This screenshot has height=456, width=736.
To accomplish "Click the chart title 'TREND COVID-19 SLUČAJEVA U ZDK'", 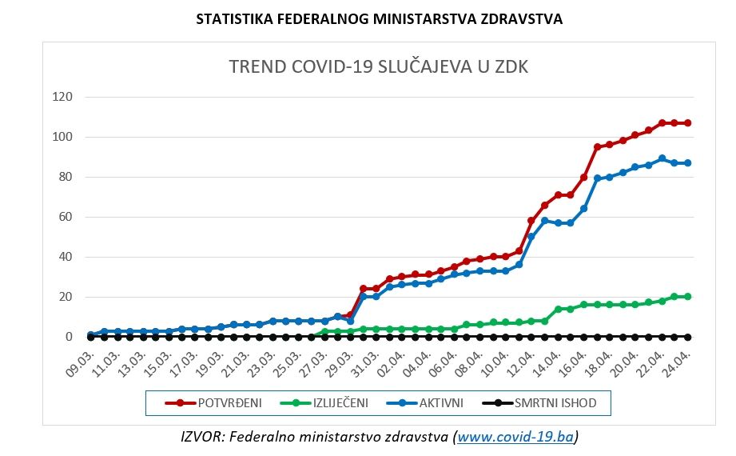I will click(x=378, y=67).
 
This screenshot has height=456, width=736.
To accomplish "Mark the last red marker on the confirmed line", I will click(x=687, y=123).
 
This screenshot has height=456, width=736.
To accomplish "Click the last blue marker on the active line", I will click(x=687, y=163).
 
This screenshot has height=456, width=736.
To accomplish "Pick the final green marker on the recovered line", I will click(x=687, y=297).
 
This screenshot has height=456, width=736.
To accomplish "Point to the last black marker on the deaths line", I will click(x=687, y=337).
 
